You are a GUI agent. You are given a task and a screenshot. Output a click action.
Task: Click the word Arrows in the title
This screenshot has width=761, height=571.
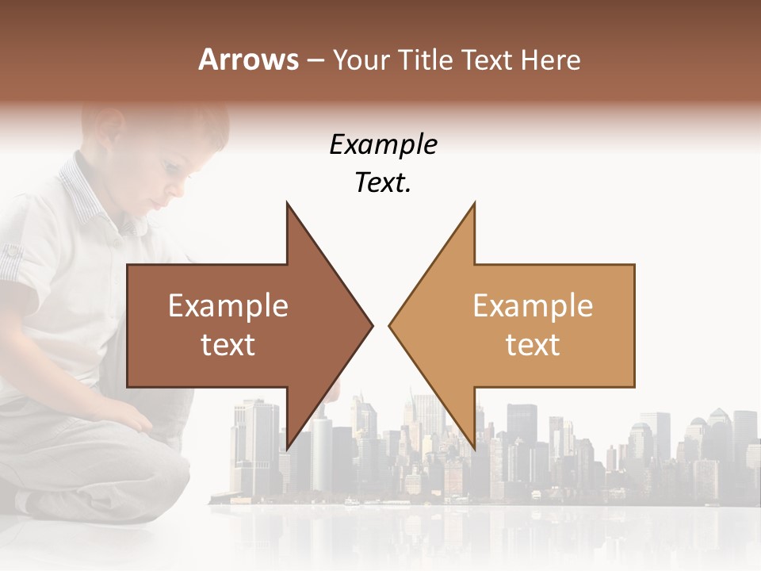point(248,59)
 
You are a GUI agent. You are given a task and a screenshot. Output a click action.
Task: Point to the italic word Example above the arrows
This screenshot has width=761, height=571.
point(383,145)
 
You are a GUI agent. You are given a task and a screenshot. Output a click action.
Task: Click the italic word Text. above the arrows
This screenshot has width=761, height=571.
point(383,183)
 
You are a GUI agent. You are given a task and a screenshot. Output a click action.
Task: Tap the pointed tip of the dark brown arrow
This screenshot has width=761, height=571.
point(370,324)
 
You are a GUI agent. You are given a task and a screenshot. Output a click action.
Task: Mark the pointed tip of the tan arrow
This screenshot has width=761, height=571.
point(391,324)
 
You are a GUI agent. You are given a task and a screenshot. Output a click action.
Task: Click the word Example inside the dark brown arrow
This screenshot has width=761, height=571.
point(228,306)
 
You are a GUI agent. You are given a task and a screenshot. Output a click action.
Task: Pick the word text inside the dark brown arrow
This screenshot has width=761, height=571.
point(228,345)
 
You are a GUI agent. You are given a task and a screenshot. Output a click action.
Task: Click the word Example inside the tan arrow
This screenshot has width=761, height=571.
point(533,306)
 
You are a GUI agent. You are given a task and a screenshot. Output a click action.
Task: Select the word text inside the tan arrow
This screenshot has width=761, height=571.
point(533,345)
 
